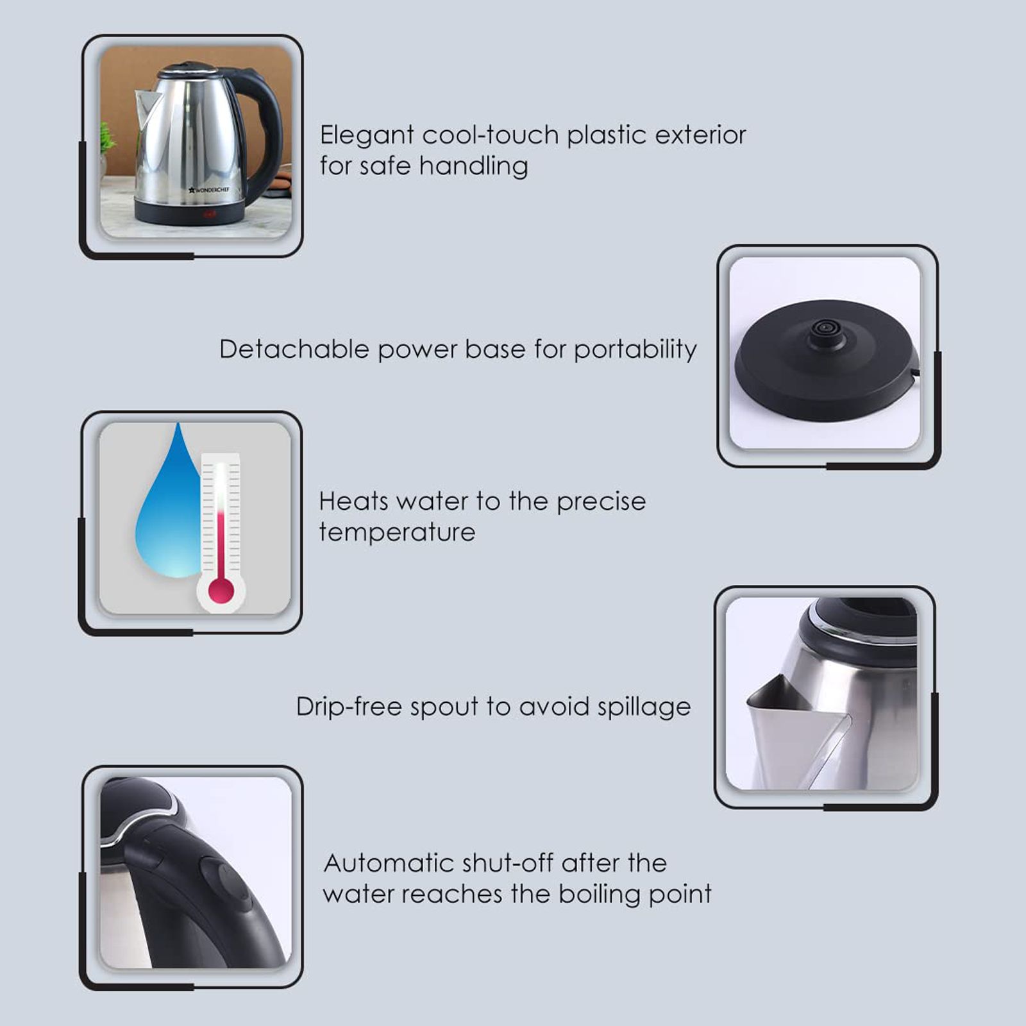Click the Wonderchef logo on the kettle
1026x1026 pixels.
tap(209, 190)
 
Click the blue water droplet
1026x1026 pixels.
tap(168, 513)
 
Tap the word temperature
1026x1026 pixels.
tap(397, 532)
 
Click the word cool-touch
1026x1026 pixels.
tap(491, 136)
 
